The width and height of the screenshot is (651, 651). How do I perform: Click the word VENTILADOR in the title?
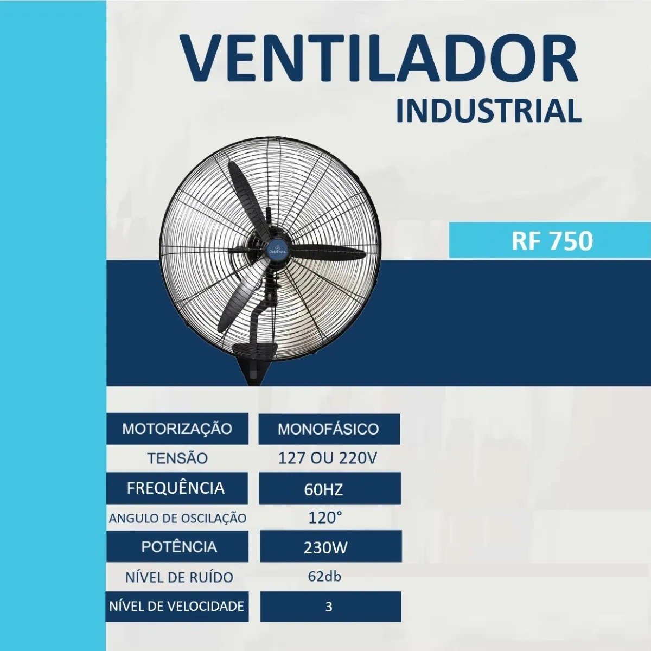(x=379, y=58)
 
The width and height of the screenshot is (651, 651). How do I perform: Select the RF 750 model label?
(x=552, y=241)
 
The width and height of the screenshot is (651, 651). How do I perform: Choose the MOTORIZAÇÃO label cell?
(x=177, y=429)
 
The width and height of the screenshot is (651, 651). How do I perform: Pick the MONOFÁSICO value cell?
(x=329, y=429)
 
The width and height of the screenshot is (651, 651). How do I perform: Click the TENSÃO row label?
(x=178, y=458)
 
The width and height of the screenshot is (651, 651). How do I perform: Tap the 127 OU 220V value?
(x=327, y=458)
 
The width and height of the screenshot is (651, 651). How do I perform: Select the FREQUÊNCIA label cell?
(x=177, y=488)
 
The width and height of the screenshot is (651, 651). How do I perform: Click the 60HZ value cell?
(x=330, y=488)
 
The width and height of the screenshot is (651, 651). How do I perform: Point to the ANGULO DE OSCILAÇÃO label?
(x=178, y=519)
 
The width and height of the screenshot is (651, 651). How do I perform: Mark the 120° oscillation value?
(x=325, y=518)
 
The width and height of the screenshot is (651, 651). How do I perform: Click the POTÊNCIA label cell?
(x=177, y=547)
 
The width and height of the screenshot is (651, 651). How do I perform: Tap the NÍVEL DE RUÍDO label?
(x=179, y=577)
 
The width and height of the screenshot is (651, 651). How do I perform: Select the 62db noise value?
(x=324, y=576)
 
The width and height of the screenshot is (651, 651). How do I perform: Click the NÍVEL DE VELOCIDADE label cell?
(x=177, y=607)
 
